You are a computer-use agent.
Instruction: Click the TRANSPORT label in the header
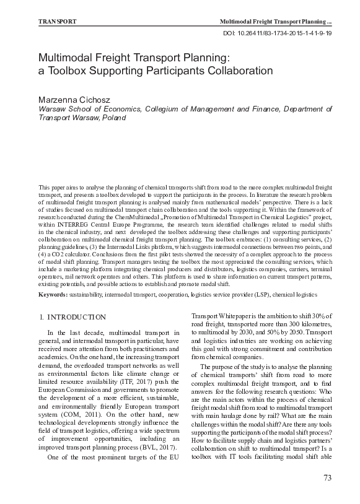57,21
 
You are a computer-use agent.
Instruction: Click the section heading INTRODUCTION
77,317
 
